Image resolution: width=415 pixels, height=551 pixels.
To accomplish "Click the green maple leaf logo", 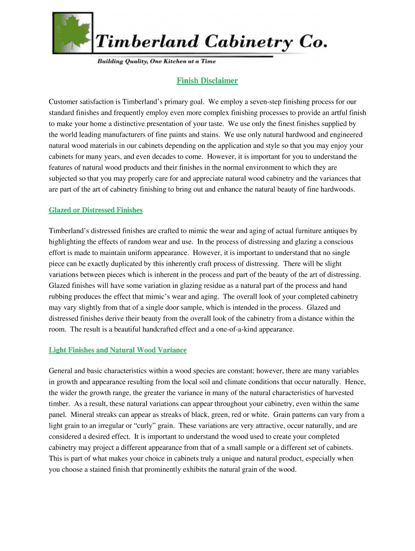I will pyautogui.click(x=72, y=35).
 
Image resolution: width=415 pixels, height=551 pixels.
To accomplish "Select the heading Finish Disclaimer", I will pyautogui.click(x=207, y=81).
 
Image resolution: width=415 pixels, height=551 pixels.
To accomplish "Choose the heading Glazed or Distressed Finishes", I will pyautogui.click(x=95, y=210).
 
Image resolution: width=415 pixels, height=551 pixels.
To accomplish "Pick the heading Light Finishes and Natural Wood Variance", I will pyautogui.click(x=117, y=350).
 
